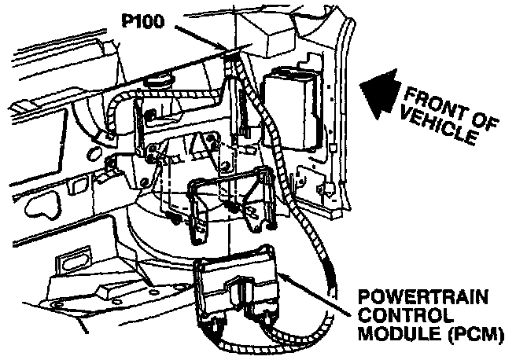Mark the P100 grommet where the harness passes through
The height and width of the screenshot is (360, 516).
click(233, 55)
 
